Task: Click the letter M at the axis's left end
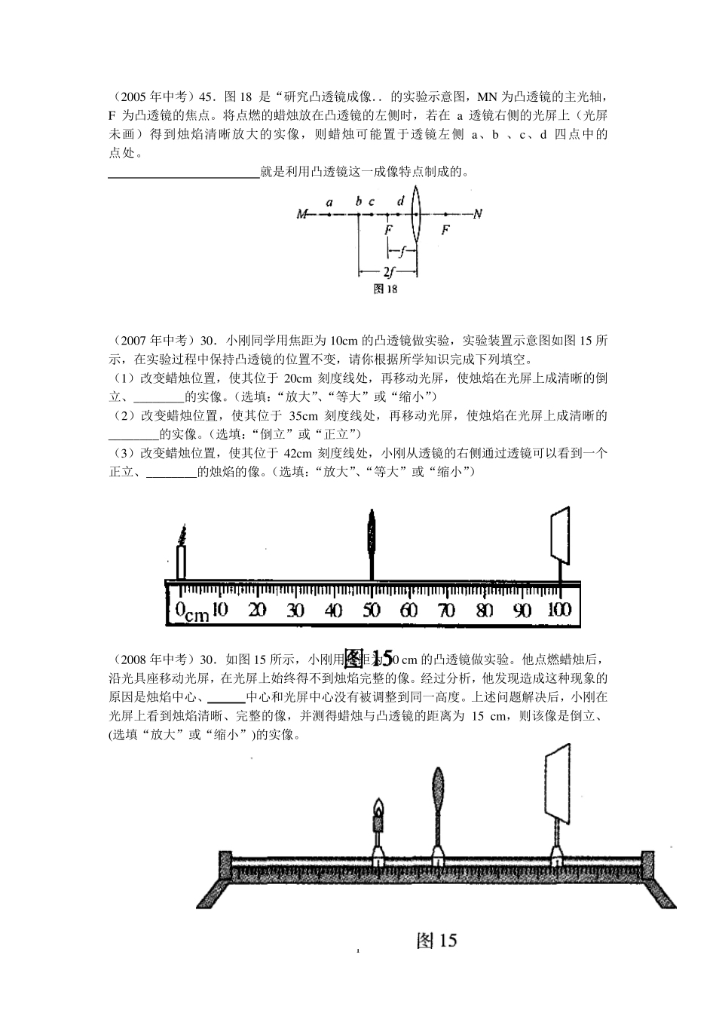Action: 302,215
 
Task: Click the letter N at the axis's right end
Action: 476,215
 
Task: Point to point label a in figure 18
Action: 329,202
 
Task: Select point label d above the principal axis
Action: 400,201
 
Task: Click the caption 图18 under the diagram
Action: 385,289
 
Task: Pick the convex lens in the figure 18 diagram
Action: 418,213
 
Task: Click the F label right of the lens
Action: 445,230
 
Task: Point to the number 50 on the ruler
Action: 372,611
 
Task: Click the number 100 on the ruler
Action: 559,610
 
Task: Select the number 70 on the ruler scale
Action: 447,611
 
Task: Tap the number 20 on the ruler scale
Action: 258,611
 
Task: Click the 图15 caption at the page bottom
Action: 436,940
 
